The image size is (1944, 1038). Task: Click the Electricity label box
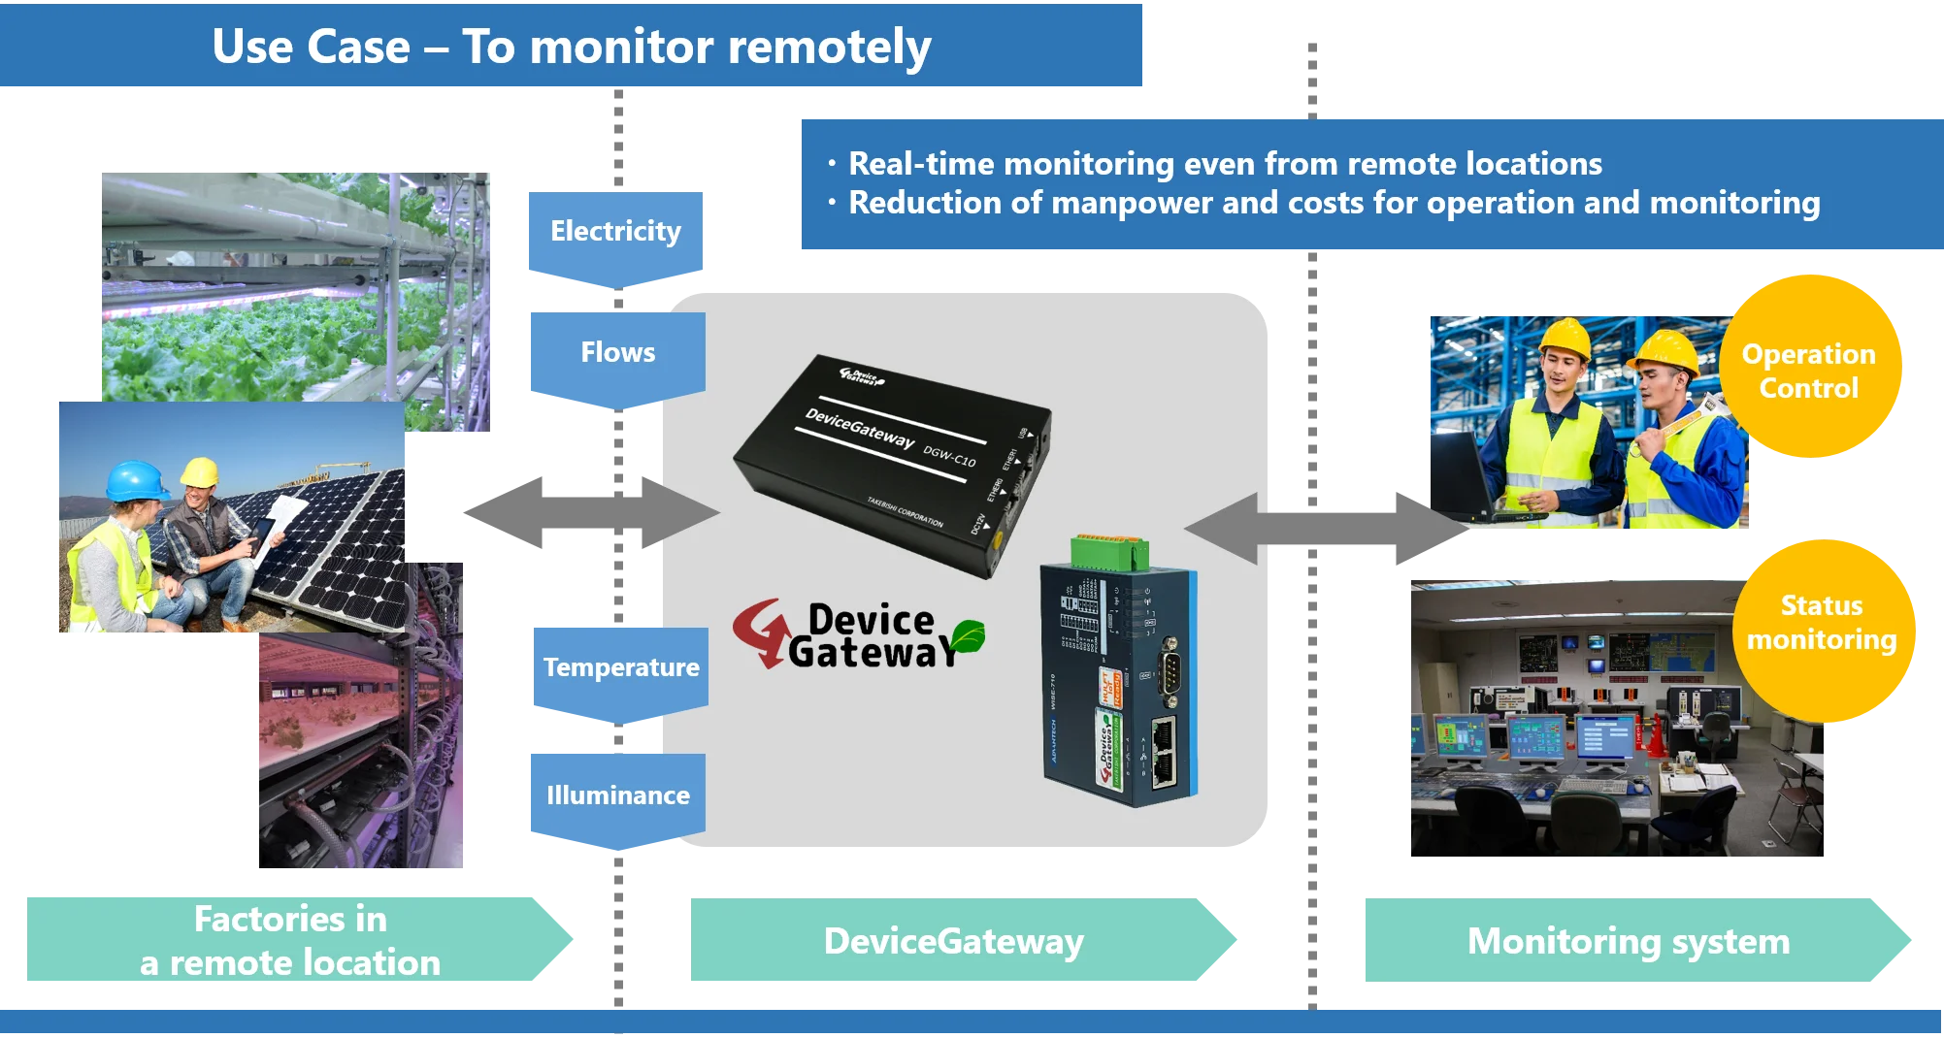[616, 232]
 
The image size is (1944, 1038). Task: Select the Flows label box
[617, 353]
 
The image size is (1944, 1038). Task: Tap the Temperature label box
[620, 668]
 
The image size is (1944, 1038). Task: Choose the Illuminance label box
[617, 795]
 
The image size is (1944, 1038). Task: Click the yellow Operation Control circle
[1809, 370]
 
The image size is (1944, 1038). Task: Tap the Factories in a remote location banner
[290, 940]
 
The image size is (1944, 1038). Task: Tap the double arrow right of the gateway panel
[1325, 529]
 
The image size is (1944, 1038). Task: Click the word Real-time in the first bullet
[913, 164]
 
